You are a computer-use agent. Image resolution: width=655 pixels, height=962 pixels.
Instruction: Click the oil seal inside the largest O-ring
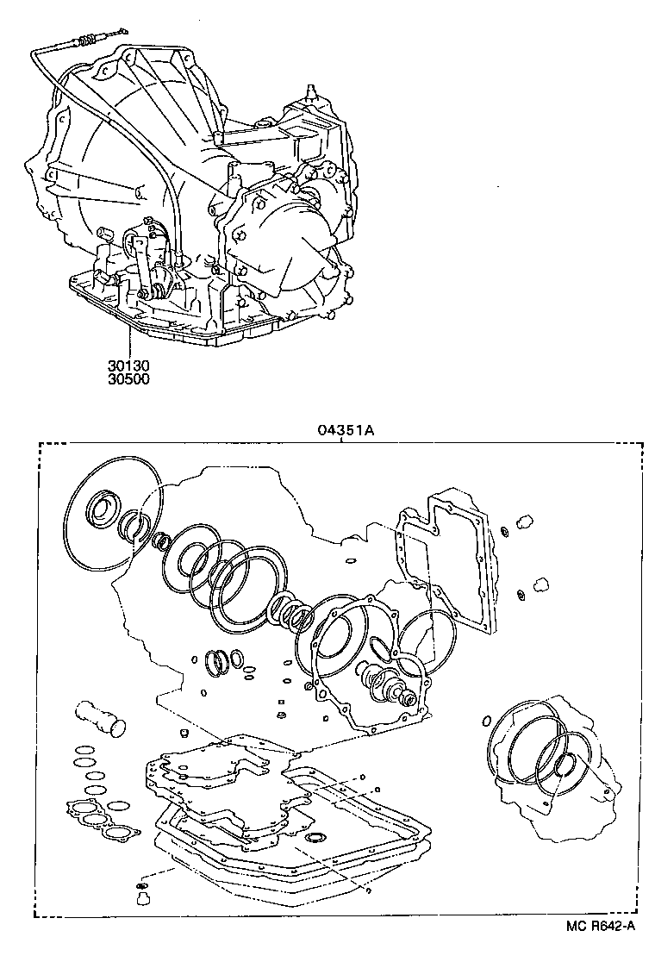point(104,508)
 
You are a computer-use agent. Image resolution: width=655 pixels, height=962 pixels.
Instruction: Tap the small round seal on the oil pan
point(316,837)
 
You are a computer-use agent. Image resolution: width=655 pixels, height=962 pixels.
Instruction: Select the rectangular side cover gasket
point(446,568)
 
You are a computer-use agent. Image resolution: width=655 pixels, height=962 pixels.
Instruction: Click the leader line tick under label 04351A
point(342,441)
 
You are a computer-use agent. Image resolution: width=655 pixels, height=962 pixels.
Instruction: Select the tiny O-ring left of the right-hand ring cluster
point(486,720)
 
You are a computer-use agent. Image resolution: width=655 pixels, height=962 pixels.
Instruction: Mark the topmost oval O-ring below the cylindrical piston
point(84,749)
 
